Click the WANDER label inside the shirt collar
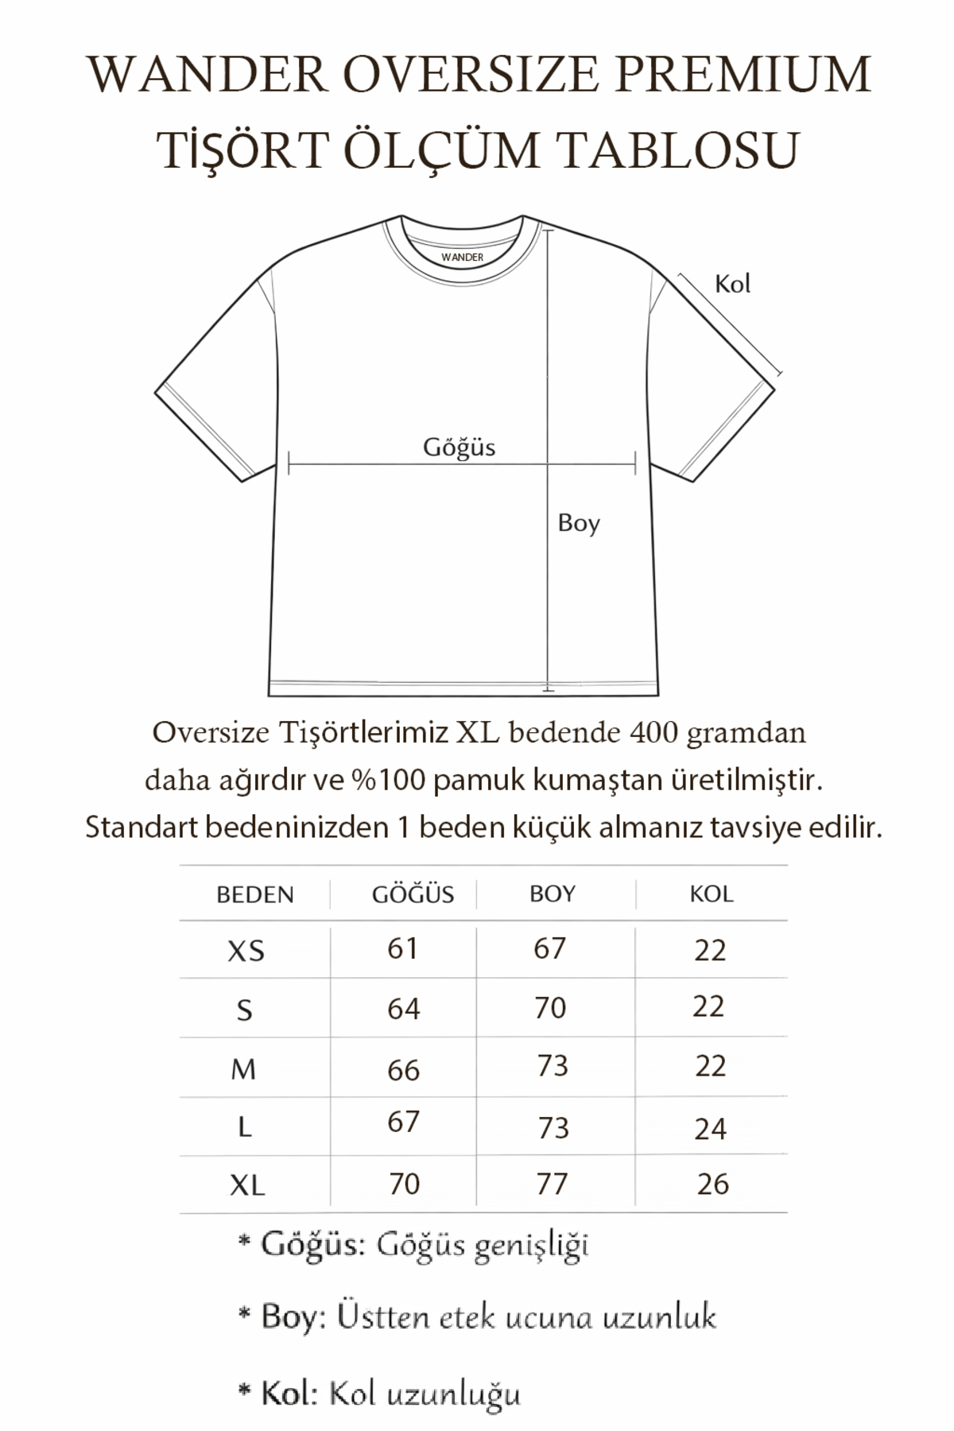pos(462,258)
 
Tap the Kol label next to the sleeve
pos(732,284)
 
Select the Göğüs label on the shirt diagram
pos(459,448)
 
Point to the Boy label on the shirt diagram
pos(578,523)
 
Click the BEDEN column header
pos(255,894)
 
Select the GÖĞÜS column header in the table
pos(413,894)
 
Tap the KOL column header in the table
pos(711,894)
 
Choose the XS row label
pos(246,951)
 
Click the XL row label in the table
pos(246,1185)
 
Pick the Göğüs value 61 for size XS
pos(402,948)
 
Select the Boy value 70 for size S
pos(550,1008)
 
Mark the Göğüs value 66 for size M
pos(403,1070)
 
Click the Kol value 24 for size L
pos(710,1129)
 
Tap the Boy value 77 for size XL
pos(552,1184)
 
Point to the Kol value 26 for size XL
pos(712,1184)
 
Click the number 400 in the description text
pos(653,732)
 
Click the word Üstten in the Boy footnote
pos(382,1317)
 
